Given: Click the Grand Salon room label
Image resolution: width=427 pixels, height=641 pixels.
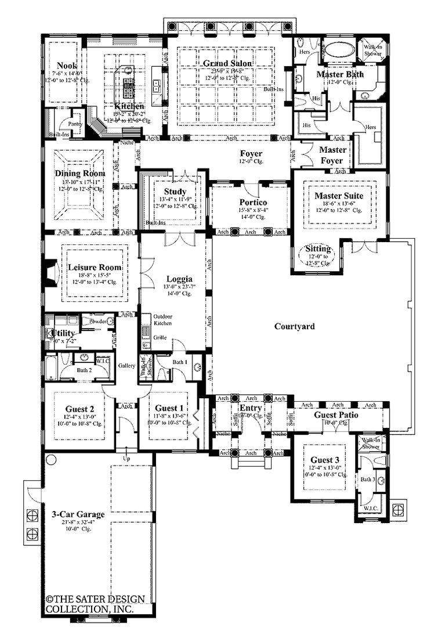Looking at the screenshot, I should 223,63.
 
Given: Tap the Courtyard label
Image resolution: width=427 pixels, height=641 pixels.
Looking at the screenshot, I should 295,327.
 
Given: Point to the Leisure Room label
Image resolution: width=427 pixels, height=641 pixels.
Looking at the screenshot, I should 95,268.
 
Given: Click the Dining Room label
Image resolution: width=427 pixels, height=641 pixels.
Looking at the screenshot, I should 80,174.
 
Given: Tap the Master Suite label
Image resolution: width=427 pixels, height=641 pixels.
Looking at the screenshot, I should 339,196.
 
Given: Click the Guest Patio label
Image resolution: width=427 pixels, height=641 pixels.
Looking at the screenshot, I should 335,415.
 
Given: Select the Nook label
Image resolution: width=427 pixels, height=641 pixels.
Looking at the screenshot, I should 68,66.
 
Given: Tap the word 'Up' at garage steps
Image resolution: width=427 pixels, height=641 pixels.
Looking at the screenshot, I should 127,459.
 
